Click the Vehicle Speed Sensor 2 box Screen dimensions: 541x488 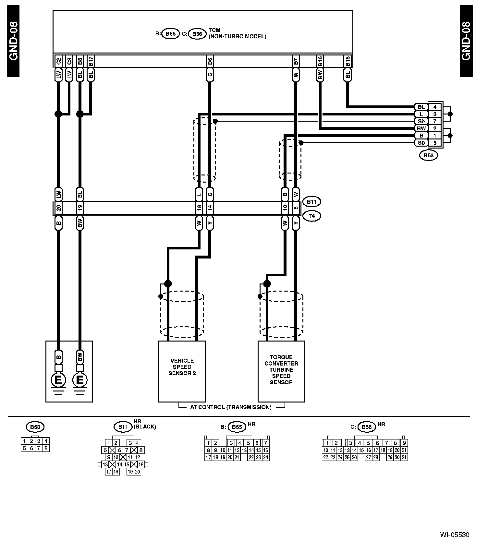(182, 371)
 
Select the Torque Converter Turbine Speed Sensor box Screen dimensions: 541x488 (281, 371)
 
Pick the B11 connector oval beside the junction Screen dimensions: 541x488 (311, 202)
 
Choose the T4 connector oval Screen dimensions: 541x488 (311, 216)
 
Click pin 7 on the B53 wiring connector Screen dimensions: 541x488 (435, 121)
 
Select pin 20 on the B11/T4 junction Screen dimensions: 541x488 (58, 208)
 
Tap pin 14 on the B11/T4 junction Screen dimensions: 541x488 (210, 208)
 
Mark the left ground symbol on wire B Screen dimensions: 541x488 (58, 380)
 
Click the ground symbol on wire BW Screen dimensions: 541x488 (80, 380)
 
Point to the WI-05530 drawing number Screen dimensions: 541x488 (454, 535)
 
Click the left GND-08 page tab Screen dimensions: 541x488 (13, 41)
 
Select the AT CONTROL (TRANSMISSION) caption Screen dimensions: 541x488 (231, 407)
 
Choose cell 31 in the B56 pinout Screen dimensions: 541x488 (404, 457)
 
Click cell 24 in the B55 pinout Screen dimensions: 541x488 (266, 457)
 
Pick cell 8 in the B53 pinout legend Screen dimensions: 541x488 (46, 448)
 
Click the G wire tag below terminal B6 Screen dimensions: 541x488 (210, 75)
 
